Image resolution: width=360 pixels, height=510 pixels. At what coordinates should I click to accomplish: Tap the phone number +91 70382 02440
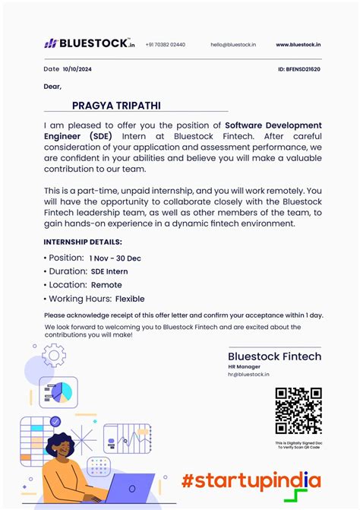pos(165,45)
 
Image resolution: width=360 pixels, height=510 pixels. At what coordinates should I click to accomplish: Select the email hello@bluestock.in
pos(233,45)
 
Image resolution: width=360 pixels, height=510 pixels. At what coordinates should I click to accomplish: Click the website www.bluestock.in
pos(298,45)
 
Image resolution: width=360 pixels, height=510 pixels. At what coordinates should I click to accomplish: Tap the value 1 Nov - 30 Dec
pos(115,258)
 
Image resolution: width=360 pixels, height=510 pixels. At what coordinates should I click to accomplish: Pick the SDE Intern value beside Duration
pos(109,271)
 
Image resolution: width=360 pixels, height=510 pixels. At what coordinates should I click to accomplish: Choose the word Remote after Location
pos(106,285)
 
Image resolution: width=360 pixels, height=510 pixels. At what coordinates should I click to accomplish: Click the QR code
pos(298,411)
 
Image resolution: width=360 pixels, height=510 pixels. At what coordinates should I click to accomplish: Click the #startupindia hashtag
pos(251,480)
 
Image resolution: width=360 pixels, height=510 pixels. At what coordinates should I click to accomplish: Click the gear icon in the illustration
pos(54,355)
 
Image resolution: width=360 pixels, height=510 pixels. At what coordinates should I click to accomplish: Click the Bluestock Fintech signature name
pos(274,356)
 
